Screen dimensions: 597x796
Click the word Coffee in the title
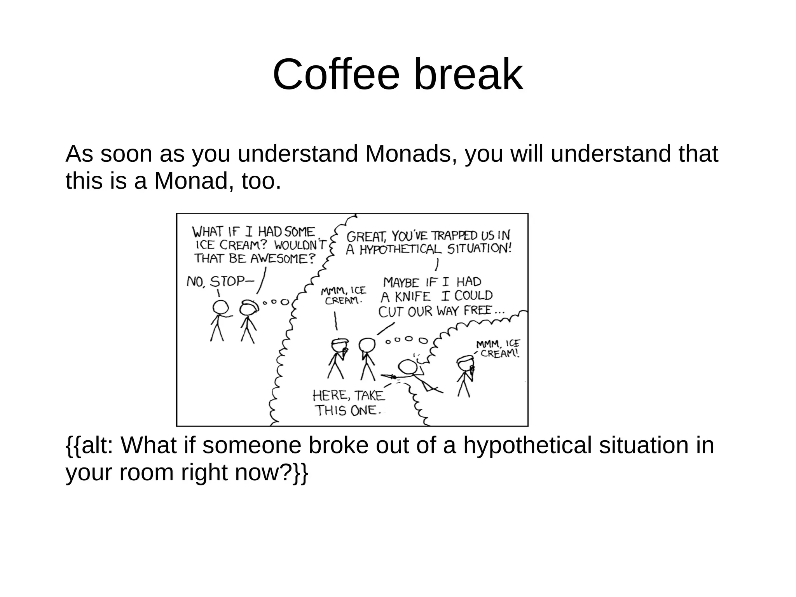point(336,74)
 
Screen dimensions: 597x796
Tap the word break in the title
point(468,74)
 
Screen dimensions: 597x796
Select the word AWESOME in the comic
point(282,259)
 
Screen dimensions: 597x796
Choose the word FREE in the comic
point(478,311)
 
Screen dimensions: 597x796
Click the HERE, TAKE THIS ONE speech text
point(348,403)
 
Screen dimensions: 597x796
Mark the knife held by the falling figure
point(389,376)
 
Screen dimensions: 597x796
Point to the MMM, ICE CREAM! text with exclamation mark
point(498,348)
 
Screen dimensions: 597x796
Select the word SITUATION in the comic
point(479,249)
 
